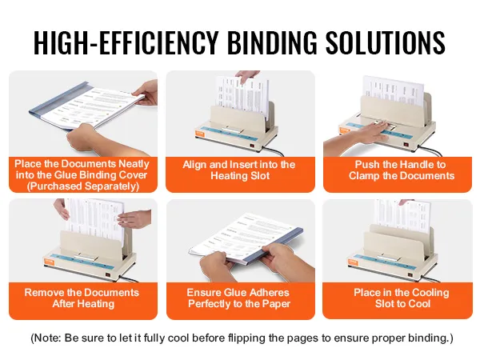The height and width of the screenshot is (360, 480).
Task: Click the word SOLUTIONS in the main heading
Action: (x=385, y=42)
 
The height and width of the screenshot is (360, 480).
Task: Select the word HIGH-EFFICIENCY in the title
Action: (x=126, y=42)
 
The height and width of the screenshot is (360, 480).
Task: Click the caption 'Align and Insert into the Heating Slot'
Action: (x=239, y=170)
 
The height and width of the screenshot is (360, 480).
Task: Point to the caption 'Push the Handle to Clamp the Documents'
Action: (x=402, y=170)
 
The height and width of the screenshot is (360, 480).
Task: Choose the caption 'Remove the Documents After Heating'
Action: (x=82, y=298)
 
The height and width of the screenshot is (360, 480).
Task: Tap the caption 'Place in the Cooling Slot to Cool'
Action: (x=402, y=298)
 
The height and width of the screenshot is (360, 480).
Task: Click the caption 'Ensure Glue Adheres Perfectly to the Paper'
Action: (x=238, y=298)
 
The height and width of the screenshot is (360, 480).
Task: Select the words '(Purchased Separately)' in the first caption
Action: (x=83, y=186)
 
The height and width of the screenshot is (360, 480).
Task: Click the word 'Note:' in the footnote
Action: (x=47, y=338)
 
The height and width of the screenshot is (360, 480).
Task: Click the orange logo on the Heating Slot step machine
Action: (x=199, y=133)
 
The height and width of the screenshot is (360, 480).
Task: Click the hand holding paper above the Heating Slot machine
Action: (x=248, y=76)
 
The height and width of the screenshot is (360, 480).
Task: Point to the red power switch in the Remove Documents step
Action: (x=107, y=274)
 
